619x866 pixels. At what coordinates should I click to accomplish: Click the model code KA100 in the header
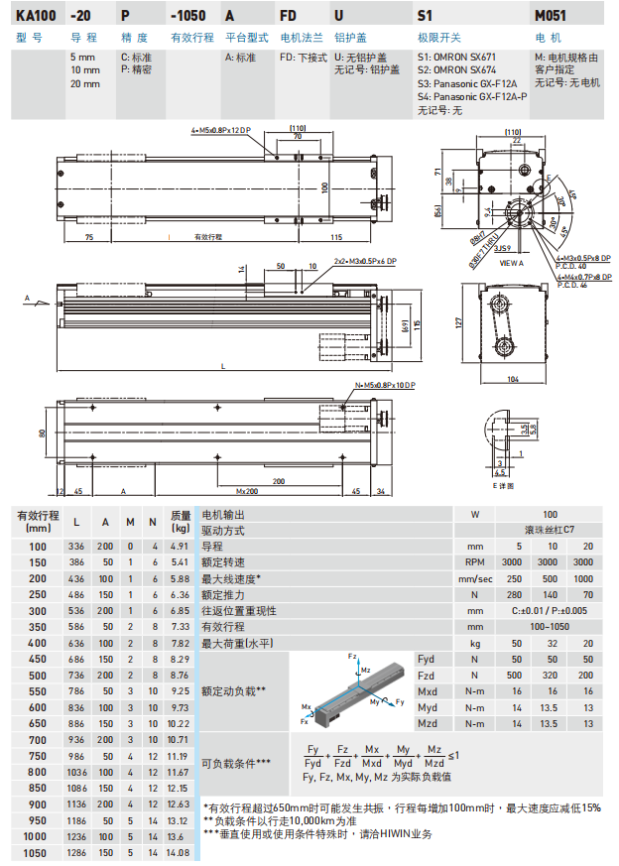pos(35,16)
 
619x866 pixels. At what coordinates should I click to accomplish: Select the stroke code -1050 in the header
pos(187,16)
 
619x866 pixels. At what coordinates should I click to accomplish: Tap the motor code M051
pos(551,16)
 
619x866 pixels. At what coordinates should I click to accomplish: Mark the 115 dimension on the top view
pos(336,237)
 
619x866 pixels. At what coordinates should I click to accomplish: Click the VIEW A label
pos(511,262)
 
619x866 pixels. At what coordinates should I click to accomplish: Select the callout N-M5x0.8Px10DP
pos(384,383)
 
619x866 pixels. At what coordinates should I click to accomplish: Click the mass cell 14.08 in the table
pos(180,852)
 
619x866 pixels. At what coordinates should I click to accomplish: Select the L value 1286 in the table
pos(75,852)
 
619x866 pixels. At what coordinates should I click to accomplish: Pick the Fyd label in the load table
pos(427,659)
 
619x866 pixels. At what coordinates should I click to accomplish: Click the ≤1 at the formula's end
pos(451,756)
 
